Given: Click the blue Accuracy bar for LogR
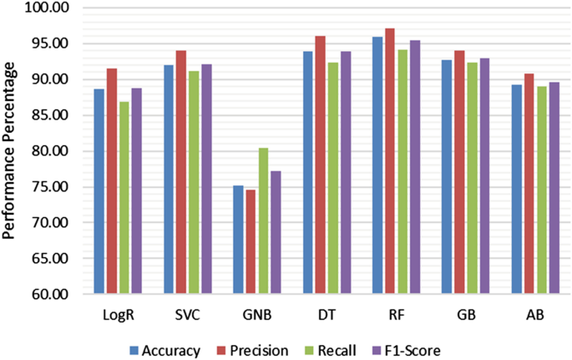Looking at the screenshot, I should (x=99, y=191).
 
